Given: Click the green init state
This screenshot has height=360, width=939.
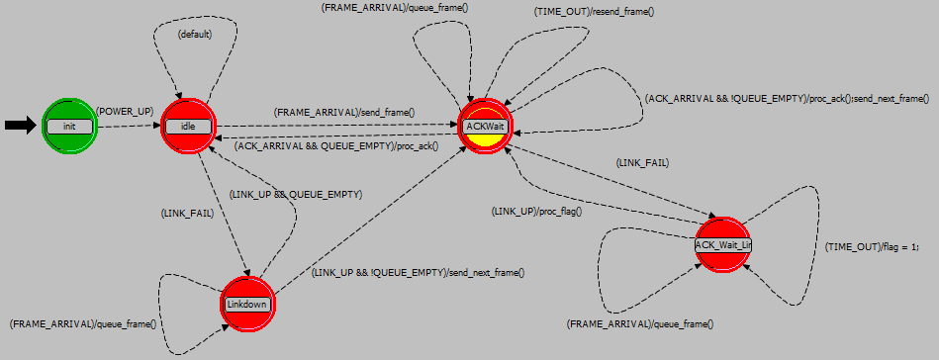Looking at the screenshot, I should pyautogui.click(x=69, y=126).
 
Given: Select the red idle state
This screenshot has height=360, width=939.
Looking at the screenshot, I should pyautogui.click(x=188, y=126).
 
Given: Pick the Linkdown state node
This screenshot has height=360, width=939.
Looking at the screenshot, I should pyautogui.click(x=247, y=304).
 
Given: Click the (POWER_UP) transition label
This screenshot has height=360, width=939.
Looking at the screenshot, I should pyautogui.click(x=125, y=112).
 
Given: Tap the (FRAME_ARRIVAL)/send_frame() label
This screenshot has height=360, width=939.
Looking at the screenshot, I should pyautogui.click(x=343, y=113).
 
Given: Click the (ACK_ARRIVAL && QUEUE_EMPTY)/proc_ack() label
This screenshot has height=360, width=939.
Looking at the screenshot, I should pyautogui.click(x=335, y=146).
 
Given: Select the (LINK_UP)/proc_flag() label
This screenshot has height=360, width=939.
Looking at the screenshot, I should pyautogui.click(x=536, y=211).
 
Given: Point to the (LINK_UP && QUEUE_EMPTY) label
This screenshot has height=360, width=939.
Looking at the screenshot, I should pyautogui.click(x=295, y=195).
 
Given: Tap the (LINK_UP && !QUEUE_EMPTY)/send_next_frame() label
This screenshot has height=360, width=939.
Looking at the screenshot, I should pyautogui.click(x=418, y=272).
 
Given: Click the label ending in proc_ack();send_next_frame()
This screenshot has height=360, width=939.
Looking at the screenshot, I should pyautogui.click(x=787, y=99).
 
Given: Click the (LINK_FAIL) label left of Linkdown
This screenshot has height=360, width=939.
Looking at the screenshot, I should pyautogui.click(x=187, y=213).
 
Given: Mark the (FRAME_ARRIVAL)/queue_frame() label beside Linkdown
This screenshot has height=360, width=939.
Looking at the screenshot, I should pyautogui.click(x=82, y=323).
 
